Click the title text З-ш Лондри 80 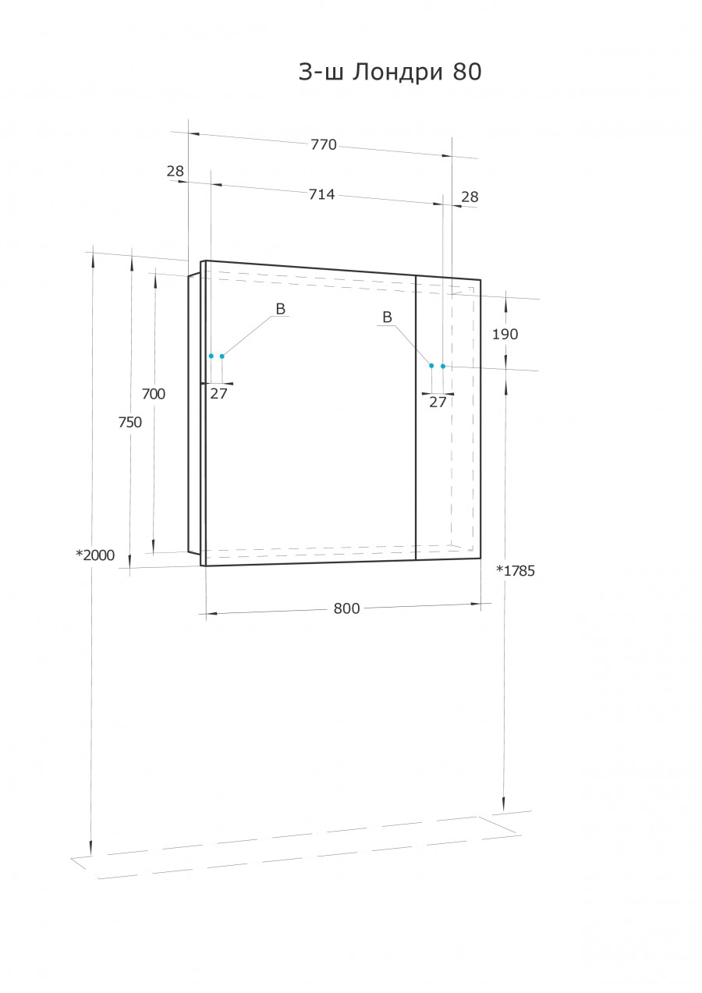tap(390, 73)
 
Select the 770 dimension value tap(323, 144)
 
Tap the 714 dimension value tap(321, 194)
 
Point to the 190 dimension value tap(505, 334)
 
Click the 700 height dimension tap(154, 394)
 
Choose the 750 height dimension tap(130, 422)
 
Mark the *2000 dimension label tap(95, 555)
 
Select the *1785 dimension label tap(516, 570)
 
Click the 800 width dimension tap(346, 608)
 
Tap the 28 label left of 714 tap(175, 171)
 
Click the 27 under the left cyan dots tap(218, 394)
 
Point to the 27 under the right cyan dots tap(438, 403)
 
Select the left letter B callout tap(281, 310)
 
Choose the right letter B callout tap(387, 317)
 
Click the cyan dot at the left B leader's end tap(222, 356)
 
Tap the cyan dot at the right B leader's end tap(431, 365)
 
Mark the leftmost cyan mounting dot tap(211, 356)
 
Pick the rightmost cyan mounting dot tap(443, 366)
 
